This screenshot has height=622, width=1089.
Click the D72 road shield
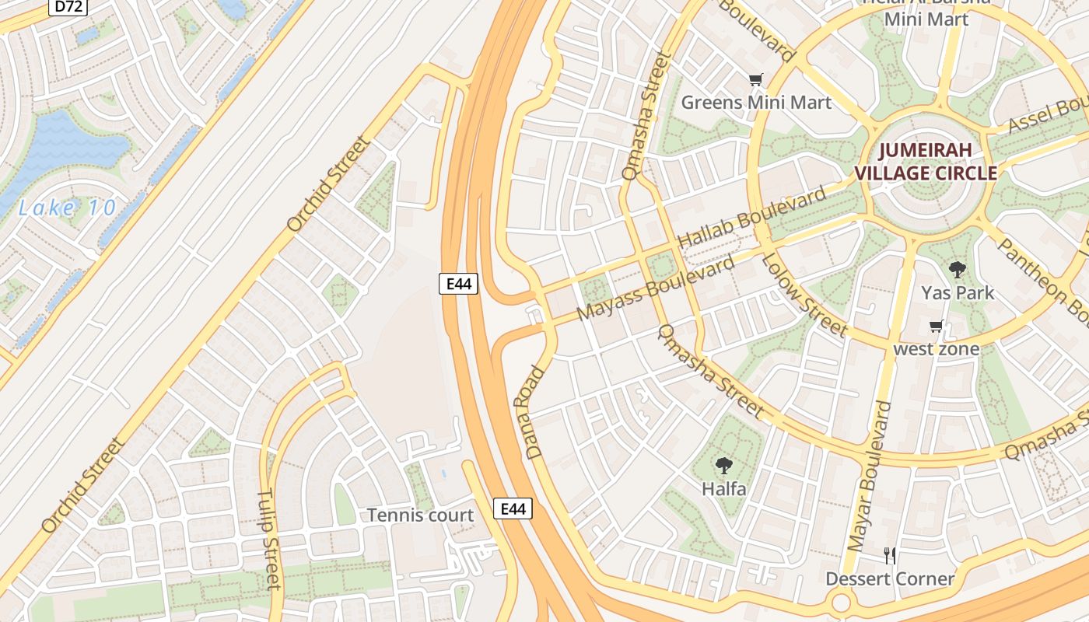[68, 7]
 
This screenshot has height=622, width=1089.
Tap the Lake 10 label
[67, 208]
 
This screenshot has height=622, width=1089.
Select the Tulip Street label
[268, 539]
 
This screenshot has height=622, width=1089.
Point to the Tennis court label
[420, 515]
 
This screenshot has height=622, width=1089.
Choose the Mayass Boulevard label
[656, 288]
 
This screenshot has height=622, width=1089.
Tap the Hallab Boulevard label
[752, 218]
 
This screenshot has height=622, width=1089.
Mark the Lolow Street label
[804, 295]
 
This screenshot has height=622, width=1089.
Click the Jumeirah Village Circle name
[926, 162]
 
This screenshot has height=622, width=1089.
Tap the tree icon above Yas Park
[958, 270]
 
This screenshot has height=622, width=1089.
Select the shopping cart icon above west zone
[937, 327]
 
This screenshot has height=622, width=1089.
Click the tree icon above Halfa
[724, 466]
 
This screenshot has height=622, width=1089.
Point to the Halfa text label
[724, 489]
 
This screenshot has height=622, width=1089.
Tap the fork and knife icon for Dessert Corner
[890, 555]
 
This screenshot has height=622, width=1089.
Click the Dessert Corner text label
[890, 578]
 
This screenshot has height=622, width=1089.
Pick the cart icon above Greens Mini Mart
[755, 79]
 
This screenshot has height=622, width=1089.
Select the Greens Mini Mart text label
[756, 102]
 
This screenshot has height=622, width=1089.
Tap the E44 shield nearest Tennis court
[513, 509]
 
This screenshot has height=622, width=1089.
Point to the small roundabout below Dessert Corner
[841, 603]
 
